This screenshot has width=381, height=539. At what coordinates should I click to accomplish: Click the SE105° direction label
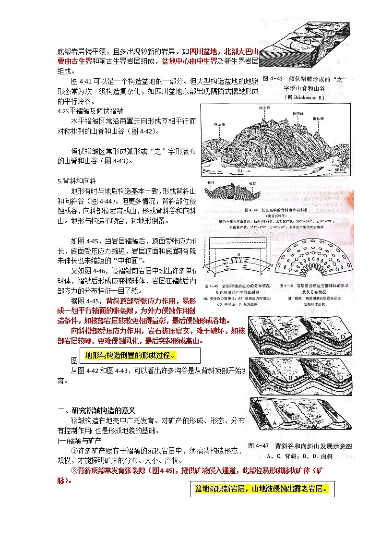(x=340, y=169)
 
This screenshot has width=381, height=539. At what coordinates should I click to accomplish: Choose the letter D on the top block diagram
(x=342, y=337)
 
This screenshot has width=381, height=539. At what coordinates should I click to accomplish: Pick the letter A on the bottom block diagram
(x=274, y=423)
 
